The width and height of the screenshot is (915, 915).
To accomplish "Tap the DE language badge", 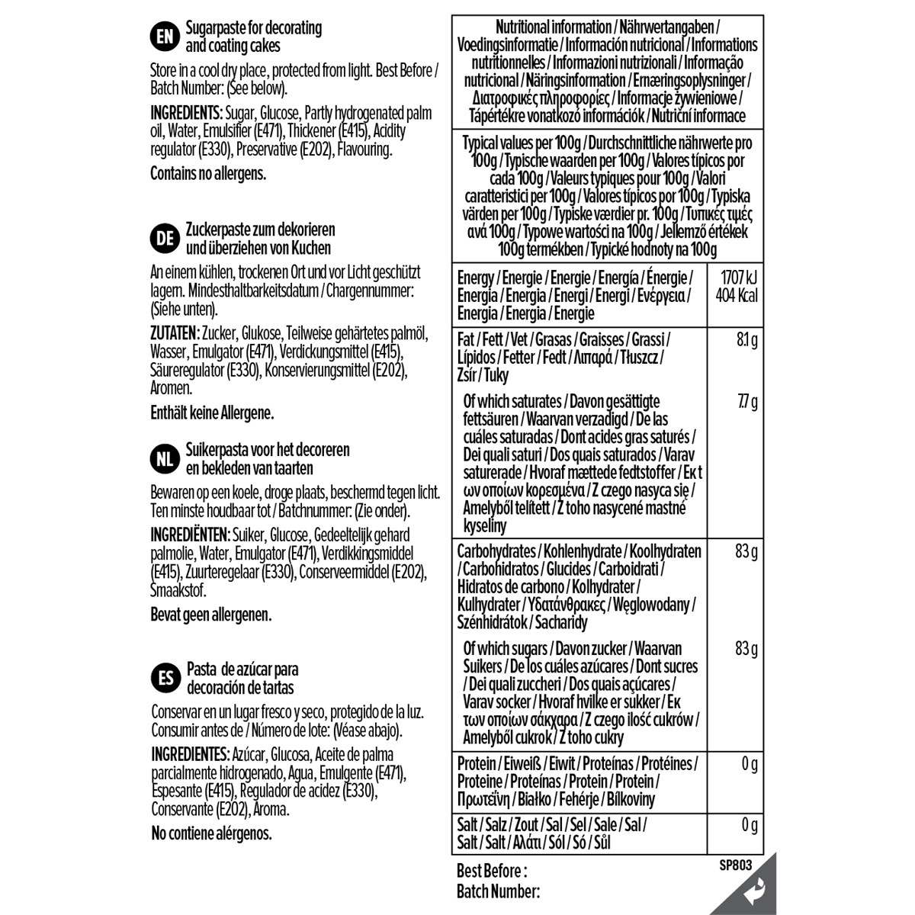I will coord(164,239).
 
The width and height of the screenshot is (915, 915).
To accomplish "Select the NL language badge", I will coord(164,459).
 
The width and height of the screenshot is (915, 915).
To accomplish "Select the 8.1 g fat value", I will coord(746,339).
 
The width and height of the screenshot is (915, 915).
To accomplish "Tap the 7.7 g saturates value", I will coord(746,402).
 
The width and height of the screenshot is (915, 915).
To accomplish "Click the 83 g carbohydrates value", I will coord(746,551).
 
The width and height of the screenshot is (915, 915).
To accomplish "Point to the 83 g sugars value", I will coord(746,649).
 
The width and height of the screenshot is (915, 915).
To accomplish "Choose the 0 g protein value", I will coord(750,764).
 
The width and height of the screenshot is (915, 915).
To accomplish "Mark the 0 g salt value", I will coord(750,825).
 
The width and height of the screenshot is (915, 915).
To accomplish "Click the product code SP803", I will coord(735,865).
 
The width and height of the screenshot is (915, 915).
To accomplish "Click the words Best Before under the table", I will coord(492,871).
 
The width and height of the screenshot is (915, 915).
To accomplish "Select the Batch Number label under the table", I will coord(498,891).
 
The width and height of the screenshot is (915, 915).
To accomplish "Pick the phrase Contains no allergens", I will coord(208,174).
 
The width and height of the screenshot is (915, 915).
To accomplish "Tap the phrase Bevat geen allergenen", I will coord(211,615).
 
